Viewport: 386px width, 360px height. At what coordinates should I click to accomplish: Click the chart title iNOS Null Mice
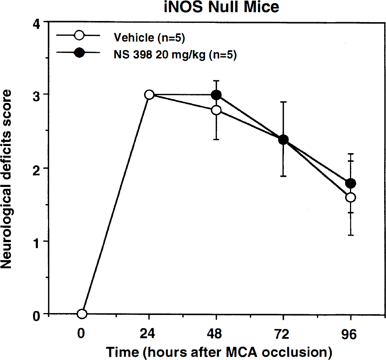[x=222, y=7]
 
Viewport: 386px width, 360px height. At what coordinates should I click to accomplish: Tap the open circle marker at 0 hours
[x=82, y=314]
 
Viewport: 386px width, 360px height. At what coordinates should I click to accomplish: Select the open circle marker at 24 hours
[x=149, y=95]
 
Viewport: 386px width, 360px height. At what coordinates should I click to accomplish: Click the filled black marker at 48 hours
[x=216, y=95]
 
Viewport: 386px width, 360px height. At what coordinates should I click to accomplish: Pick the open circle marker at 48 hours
[x=216, y=110]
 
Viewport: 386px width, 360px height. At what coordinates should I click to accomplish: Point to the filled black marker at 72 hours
[x=283, y=140]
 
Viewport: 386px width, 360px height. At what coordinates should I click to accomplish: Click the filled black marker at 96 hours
[x=350, y=183]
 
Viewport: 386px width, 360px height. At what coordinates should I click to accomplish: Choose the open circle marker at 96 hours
[x=350, y=197]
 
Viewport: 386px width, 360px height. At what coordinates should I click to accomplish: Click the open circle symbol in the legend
[x=79, y=35]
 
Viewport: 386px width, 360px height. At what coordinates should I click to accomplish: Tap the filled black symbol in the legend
[x=79, y=53]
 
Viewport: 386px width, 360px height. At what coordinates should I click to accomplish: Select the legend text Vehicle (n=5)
[x=149, y=38]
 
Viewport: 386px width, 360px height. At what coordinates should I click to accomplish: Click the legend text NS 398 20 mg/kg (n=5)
[x=175, y=55]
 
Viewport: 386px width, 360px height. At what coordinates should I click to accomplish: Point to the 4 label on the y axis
[x=37, y=24]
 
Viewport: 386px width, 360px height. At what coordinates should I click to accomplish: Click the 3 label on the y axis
[x=37, y=95]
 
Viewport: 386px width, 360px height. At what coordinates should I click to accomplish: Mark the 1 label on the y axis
[x=37, y=243]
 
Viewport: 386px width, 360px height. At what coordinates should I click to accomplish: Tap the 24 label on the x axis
[x=147, y=334]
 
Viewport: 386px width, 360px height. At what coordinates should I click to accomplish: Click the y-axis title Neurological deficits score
[x=6, y=179]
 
